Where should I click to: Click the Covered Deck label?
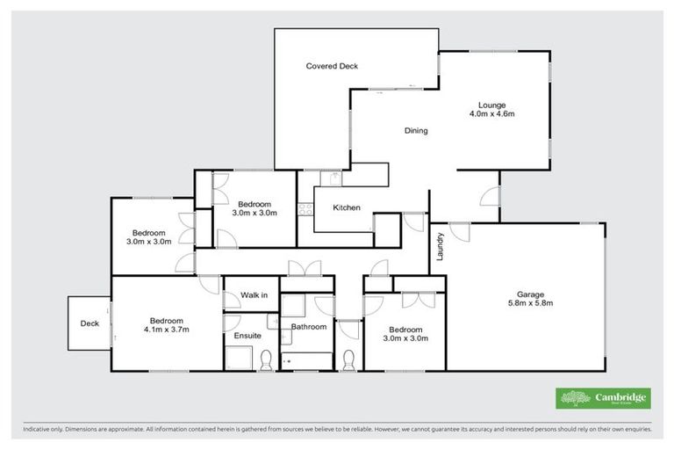(332, 66)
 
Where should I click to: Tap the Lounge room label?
(491, 104)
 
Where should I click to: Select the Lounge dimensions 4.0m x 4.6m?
(491, 114)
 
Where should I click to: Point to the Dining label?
(416, 131)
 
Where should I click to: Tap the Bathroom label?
(309, 327)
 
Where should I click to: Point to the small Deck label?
(90, 323)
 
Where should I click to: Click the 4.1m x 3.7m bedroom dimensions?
(166, 330)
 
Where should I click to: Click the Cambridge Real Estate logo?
(603, 398)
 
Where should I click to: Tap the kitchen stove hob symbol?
(305, 209)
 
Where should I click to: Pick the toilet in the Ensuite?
(265, 358)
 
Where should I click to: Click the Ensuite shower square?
(238, 358)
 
